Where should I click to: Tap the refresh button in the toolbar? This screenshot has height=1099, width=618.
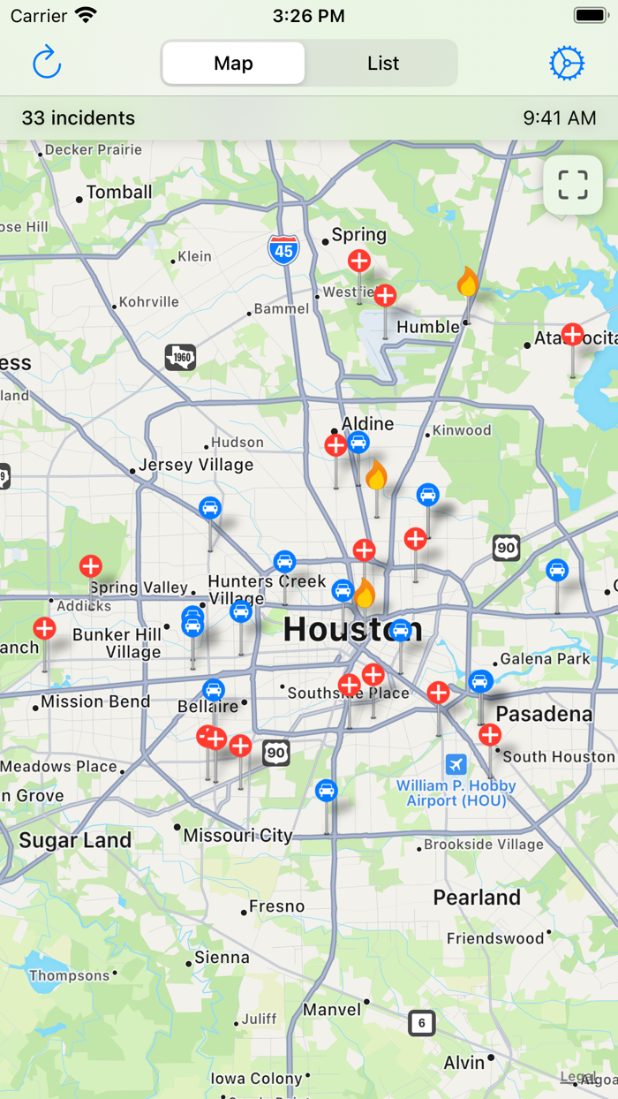(46, 64)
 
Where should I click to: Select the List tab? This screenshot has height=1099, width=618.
(383, 64)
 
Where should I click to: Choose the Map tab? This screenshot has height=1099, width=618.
(234, 64)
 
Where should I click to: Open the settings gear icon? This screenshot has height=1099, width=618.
(567, 64)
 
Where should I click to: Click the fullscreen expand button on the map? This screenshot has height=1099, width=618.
(573, 186)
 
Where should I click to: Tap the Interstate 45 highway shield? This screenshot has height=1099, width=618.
(283, 250)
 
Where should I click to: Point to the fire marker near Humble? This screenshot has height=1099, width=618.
(467, 284)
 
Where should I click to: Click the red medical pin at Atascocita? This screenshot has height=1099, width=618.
(573, 335)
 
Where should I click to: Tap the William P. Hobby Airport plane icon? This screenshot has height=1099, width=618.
(456, 764)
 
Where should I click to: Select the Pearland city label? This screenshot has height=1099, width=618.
(477, 898)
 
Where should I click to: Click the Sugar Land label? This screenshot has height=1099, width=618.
(75, 840)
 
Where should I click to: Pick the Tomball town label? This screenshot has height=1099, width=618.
(119, 193)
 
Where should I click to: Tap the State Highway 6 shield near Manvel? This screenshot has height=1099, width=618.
(422, 1023)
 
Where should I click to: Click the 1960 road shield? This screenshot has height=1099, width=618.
(180, 358)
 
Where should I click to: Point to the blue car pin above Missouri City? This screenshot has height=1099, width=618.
(327, 790)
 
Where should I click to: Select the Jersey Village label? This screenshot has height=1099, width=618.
(196, 466)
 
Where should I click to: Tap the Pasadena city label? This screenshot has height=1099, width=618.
(544, 714)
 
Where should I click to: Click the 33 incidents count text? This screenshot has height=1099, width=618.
(79, 118)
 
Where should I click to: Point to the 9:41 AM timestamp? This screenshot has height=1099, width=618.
(559, 118)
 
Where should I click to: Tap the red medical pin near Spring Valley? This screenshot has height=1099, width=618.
(91, 566)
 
